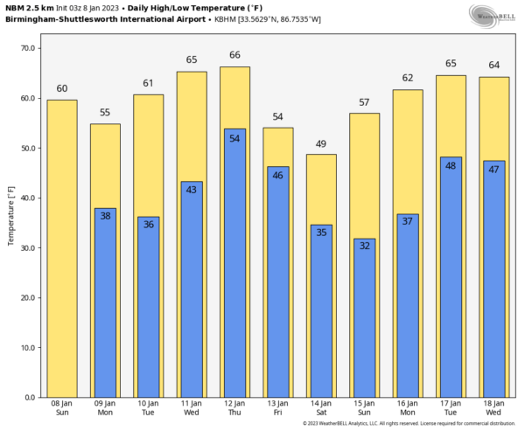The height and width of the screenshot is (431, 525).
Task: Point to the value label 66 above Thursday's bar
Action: coord(234,55)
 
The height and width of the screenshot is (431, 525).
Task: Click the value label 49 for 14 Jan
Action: coord(321,143)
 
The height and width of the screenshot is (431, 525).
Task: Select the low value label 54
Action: coord(234,138)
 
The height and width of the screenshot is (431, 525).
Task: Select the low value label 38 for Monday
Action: coord(105,216)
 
